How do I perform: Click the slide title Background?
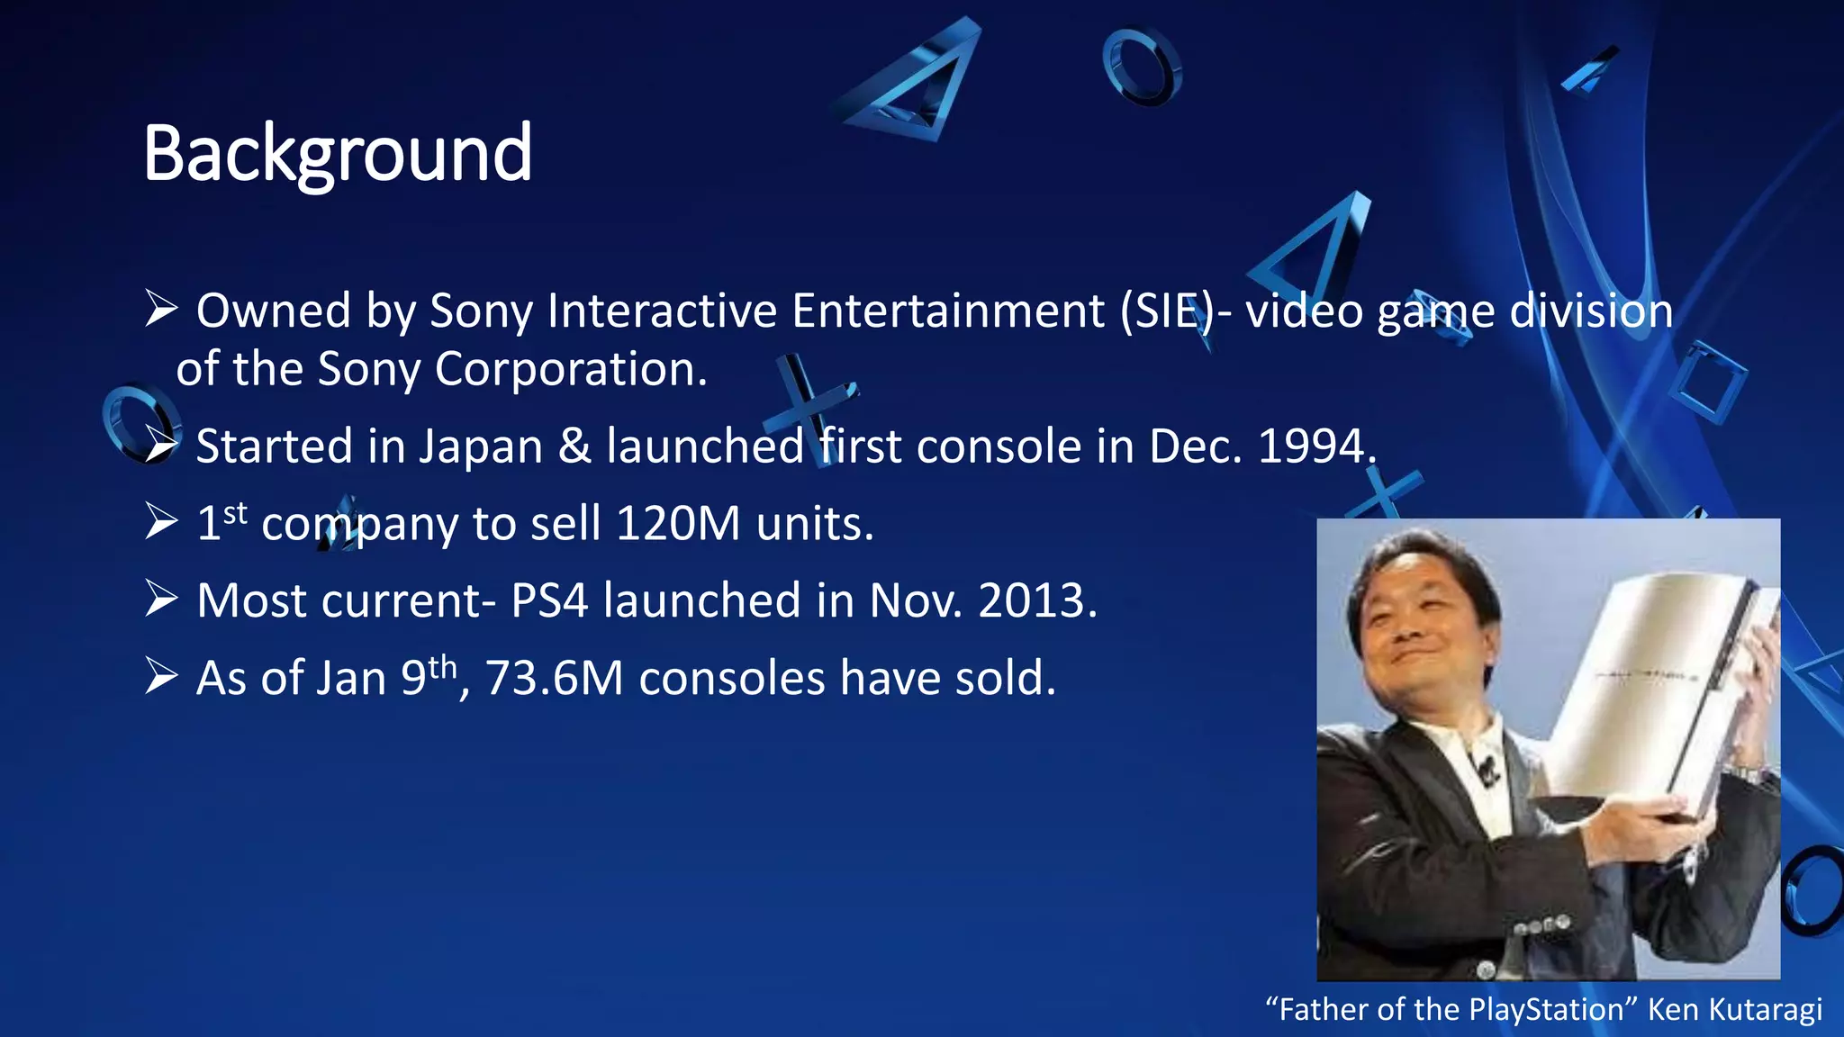[338, 154]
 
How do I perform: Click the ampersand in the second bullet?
[574, 447]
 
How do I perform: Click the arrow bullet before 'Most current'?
[161, 600]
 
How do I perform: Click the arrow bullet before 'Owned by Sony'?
[161, 310]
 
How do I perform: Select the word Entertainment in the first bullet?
[947, 311]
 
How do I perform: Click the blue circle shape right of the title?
[1142, 67]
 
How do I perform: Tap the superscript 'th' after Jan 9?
[443, 667]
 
